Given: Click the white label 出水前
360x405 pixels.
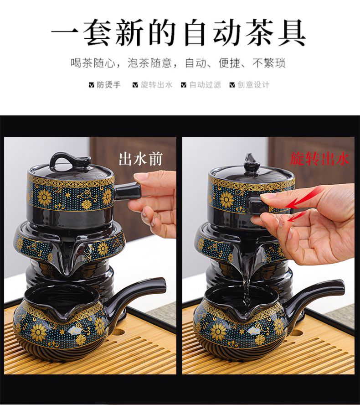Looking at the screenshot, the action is click(140, 159).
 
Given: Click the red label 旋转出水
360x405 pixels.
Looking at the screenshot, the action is click(319, 158).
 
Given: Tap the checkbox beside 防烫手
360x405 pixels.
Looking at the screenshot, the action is click(91, 85).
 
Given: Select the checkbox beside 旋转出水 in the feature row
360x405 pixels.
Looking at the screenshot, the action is click(135, 85).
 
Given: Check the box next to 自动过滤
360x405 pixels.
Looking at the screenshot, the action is click(184, 85).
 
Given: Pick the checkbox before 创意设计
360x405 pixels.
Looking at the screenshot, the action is click(232, 85).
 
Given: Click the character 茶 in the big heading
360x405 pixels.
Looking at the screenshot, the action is click(260, 33).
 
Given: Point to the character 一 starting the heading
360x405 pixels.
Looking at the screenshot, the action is click(65, 33).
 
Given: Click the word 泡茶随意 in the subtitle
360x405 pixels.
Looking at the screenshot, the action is click(149, 63).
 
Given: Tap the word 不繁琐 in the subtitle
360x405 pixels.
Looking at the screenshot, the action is click(269, 63).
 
